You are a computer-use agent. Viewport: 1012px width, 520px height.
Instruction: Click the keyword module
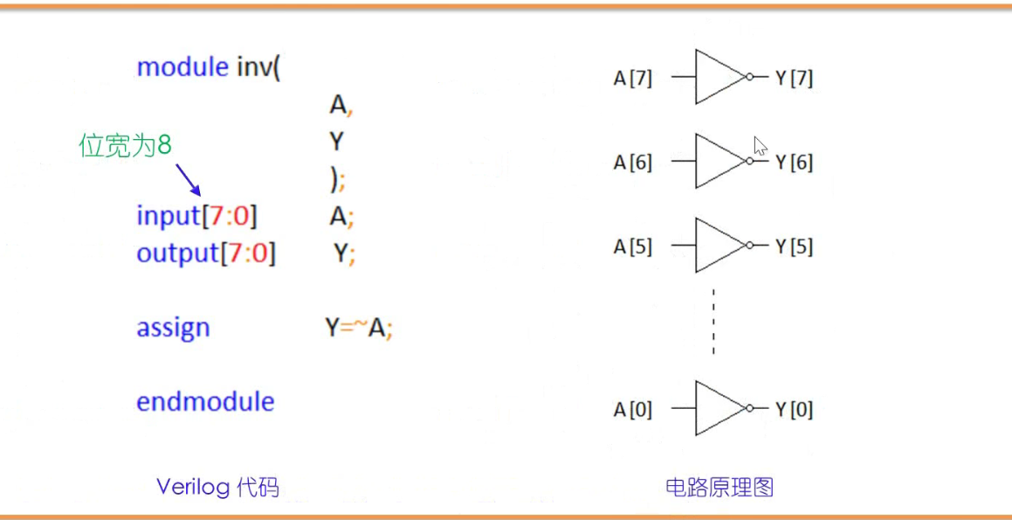tap(182, 67)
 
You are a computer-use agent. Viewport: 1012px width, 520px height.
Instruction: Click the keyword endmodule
tap(205, 402)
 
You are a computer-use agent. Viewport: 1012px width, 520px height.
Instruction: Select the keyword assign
tap(173, 329)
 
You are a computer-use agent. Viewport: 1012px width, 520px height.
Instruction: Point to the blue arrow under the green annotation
tap(189, 180)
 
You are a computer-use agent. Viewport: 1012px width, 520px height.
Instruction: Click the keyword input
tap(169, 215)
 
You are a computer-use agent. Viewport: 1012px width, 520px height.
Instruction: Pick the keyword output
tap(177, 253)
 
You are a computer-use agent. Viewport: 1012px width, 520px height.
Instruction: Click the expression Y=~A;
tap(359, 329)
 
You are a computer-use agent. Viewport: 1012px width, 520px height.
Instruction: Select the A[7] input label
tap(632, 79)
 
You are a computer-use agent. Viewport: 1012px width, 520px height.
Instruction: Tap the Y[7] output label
tap(794, 79)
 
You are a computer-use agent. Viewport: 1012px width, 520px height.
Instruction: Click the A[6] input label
tap(632, 163)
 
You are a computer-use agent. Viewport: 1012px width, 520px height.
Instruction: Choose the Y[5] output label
tap(794, 247)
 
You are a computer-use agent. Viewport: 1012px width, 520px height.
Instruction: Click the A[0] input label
tap(632, 410)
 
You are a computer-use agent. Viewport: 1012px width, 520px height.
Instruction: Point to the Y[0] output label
tap(794, 410)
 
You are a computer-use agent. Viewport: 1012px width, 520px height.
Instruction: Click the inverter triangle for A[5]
tap(718, 246)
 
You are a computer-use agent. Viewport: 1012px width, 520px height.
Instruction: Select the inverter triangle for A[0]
tap(718, 408)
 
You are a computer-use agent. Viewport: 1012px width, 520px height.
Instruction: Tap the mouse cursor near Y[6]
tap(760, 145)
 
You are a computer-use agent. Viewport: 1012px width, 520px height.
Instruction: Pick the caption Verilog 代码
tap(217, 487)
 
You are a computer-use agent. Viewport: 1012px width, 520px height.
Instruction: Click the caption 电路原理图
tap(719, 487)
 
